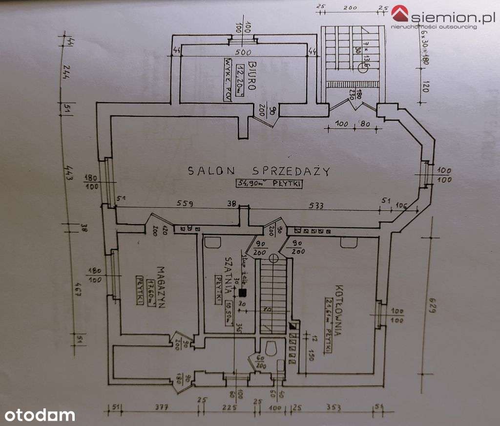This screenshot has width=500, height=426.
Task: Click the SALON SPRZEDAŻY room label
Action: point(259,171)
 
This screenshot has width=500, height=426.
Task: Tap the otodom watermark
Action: point(38,415)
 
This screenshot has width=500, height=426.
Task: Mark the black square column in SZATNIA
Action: point(242,293)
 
